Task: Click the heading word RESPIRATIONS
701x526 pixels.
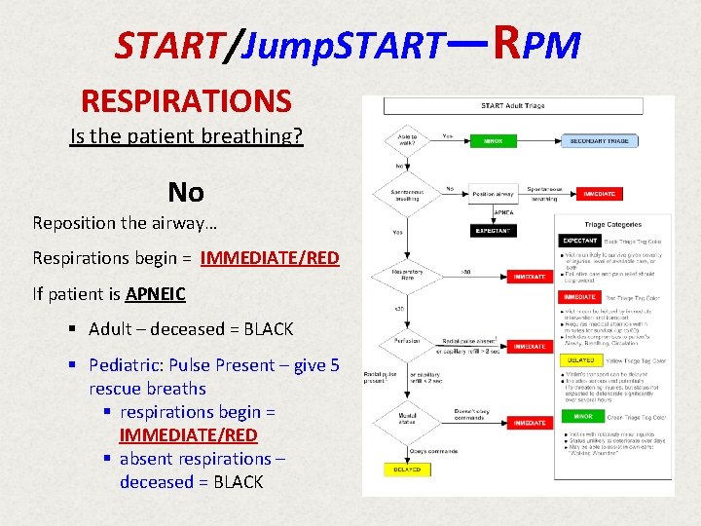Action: click(x=186, y=100)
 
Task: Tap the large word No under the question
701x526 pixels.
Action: click(x=185, y=191)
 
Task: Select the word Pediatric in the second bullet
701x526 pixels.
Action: click(x=126, y=364)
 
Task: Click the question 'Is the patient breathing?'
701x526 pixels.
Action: click(x=186, y=135)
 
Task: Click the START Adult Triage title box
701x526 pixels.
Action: click(x=512, y=105)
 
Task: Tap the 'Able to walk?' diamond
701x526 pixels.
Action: click(x=406, y=141)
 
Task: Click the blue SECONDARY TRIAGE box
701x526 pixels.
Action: click(x=601, y=140)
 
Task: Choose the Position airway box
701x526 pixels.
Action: click(x=494, y=194)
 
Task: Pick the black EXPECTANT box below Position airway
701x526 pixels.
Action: click(x=494, y=231)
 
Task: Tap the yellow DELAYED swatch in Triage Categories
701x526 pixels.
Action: click(x=580, y=360)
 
